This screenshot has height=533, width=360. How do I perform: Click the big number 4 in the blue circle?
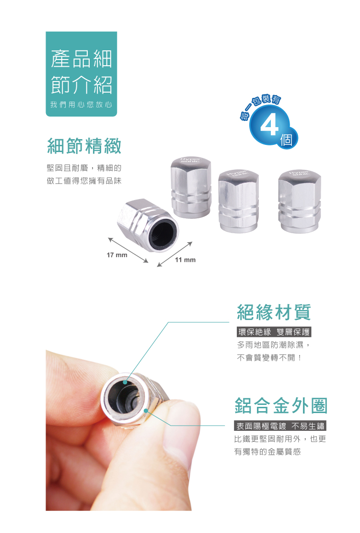pyautogui.click(x=269, y=125)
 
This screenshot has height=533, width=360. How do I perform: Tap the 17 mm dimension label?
pyautogui.click(x=117, y=255)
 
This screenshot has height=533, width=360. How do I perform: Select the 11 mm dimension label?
pyautogui.click(x=185, y=260)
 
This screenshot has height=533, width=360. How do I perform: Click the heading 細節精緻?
pyautogui.click(x=84, y=146)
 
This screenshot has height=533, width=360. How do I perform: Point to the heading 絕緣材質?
pyautogui.click(x=274, y=312)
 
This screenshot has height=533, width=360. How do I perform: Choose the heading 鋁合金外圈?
pyautogui.click(x=281, y=405)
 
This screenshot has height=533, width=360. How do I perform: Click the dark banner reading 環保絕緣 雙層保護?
pyautogui.click(x=274, y=332)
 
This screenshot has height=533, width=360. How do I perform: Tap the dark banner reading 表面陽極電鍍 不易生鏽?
pyautogui.click(x=280, y=426)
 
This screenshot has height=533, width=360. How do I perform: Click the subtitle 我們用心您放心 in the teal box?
pyautogui.click(x=81, y=105)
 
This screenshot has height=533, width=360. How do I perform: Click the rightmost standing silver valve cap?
pyautogui.click(x=299, y=201)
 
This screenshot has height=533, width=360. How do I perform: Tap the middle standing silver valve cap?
pyautogui.click(x=238, y=201)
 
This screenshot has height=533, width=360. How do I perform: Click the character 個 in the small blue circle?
pyautogui.click(x=286, y=139)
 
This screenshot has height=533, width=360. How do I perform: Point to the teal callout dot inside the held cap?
pyautogui.click(x=125, y=382)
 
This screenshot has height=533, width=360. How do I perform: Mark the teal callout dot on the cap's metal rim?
pyautogui.click(x=146, y=411)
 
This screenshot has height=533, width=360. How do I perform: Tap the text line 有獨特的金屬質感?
pyautogui.click(x=267, y=452)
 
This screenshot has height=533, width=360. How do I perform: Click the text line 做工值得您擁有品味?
pyautogui.click(x=84, y=181)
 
